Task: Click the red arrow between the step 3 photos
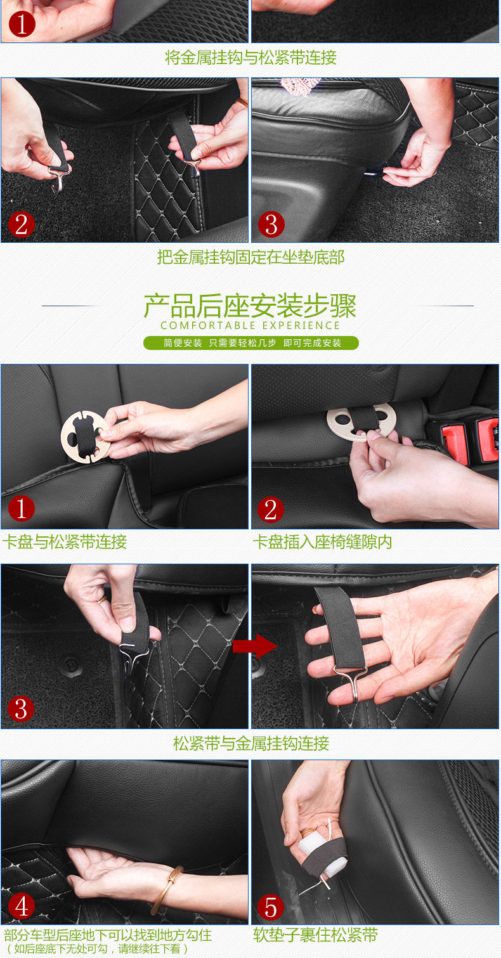pyautogui.click(x=255, y=646)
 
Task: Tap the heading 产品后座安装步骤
pyautogui.click(x=250, y=306)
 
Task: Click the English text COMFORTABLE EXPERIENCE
pyautogui.click(x=251, y=325)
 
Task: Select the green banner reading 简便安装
pyautogui.click(x=251, y=343)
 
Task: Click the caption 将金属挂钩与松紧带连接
pyautogui.click(x=251, y=57)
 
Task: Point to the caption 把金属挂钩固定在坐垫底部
pyautogui.click(x=251, y=257)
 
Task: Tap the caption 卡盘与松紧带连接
pyautogui.click(x=65, y=541)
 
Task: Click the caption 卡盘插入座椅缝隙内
pyautogui.click(x=322, y=541)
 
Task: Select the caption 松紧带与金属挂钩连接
pyautogui.click(x=251, y=743)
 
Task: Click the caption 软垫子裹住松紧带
pyautogui.click(x=315, y=935)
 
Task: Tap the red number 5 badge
pyautogui.click(x=270, y=907)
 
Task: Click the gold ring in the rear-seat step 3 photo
pyautogui.click(x=102, y=600)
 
